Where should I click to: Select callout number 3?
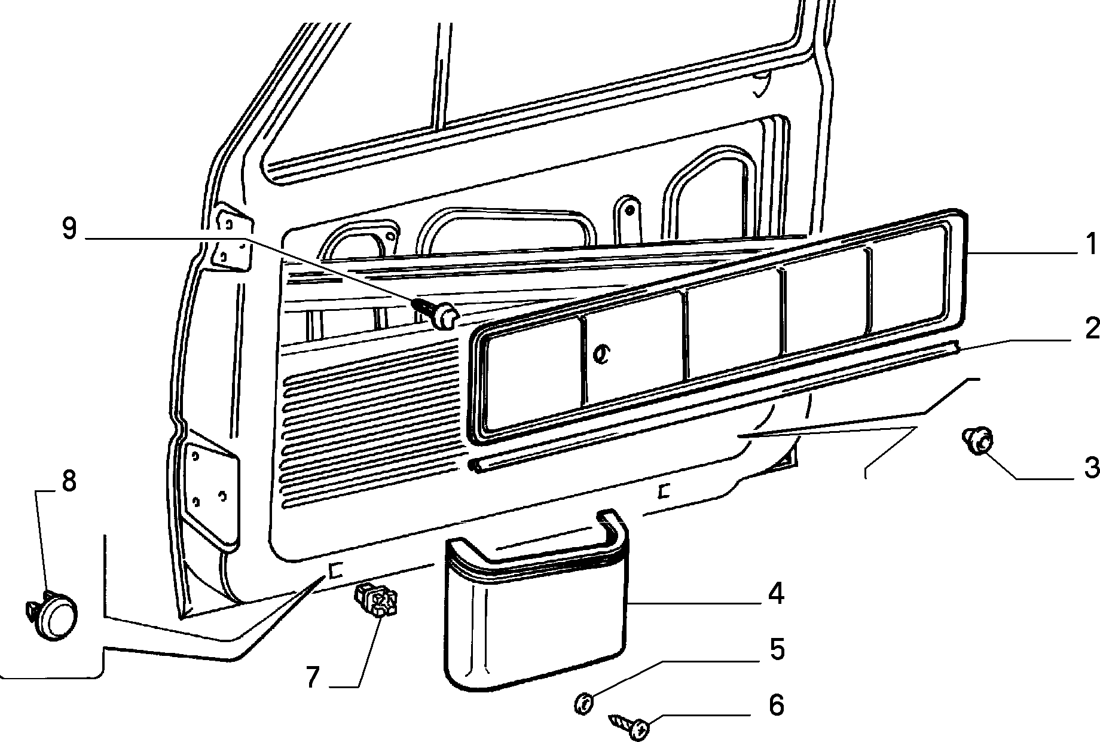[x=1091, y=468]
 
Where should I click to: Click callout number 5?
[x=776, y=650]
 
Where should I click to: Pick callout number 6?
[x=776, y=705]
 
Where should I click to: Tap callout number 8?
[x=69, y=481]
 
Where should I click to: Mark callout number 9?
[x=69, y=230]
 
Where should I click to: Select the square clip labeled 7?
[x=375, y=601]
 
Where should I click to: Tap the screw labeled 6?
[x=628, y=725]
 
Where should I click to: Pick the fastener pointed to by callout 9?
[x=436, y=314]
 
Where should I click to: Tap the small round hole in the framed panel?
[x=600, y=355]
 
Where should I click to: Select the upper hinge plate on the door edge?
[x=233, y=238]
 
